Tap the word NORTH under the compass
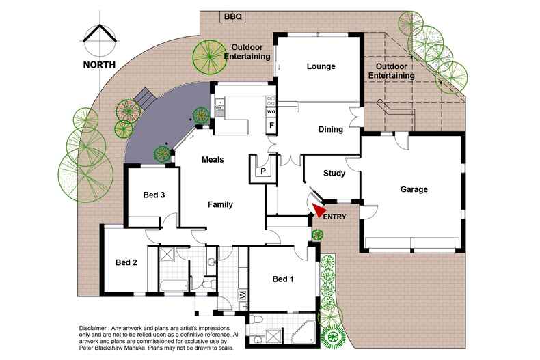[99, 65]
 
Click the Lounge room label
[321, 66]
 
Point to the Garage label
[414, 189]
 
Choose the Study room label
[334, 174]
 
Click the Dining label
[331, 129]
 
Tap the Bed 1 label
[284, 279]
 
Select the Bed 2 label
[126, 262]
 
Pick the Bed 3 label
[154, 195]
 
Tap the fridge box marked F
[271, 126]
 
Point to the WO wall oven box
[271, 111]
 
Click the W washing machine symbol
[243, 295]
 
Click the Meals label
[213, 159]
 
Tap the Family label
[221, 204]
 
